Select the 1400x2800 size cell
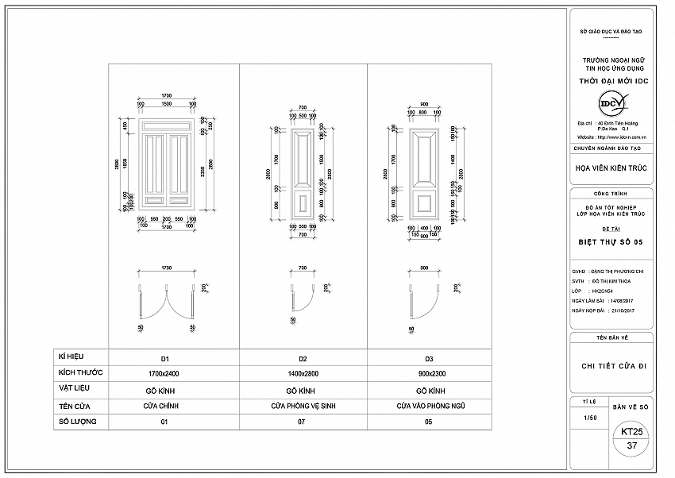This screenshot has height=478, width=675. (x=303, y=373)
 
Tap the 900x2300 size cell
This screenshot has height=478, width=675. (x=430, y=373)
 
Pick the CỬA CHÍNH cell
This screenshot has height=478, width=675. (x=165, y=406)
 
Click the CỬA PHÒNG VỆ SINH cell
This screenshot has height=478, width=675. (x=303, y=406)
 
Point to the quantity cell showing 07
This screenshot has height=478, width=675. (x=303, y=422)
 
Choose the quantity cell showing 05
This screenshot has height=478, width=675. (x=430, y=422)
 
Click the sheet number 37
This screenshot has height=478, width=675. (x=632, y=446)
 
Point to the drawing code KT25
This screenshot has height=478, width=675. (x=632, y=432)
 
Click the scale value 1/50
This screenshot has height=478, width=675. (x=589, y=417)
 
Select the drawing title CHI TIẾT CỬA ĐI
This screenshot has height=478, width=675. (x=611, y=366)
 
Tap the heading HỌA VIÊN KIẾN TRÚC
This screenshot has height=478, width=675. (x=611, y=168)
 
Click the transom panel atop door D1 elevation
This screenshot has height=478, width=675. (x=167, y=125)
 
